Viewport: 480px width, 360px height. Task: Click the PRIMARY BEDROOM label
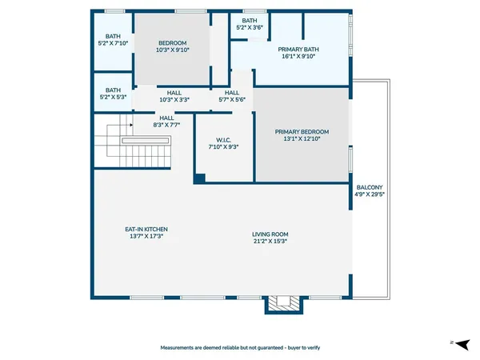click(x=302, y=132)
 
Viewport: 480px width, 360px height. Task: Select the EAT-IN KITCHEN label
click(x=146, y=229)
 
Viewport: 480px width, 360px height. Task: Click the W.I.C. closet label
click(x=223, y=138)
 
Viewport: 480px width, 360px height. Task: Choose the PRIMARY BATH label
click(x=298, y=49)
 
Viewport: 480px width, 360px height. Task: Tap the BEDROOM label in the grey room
click(x=173, y=42)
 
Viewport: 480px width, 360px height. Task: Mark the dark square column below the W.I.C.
click(x=199, y=179)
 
